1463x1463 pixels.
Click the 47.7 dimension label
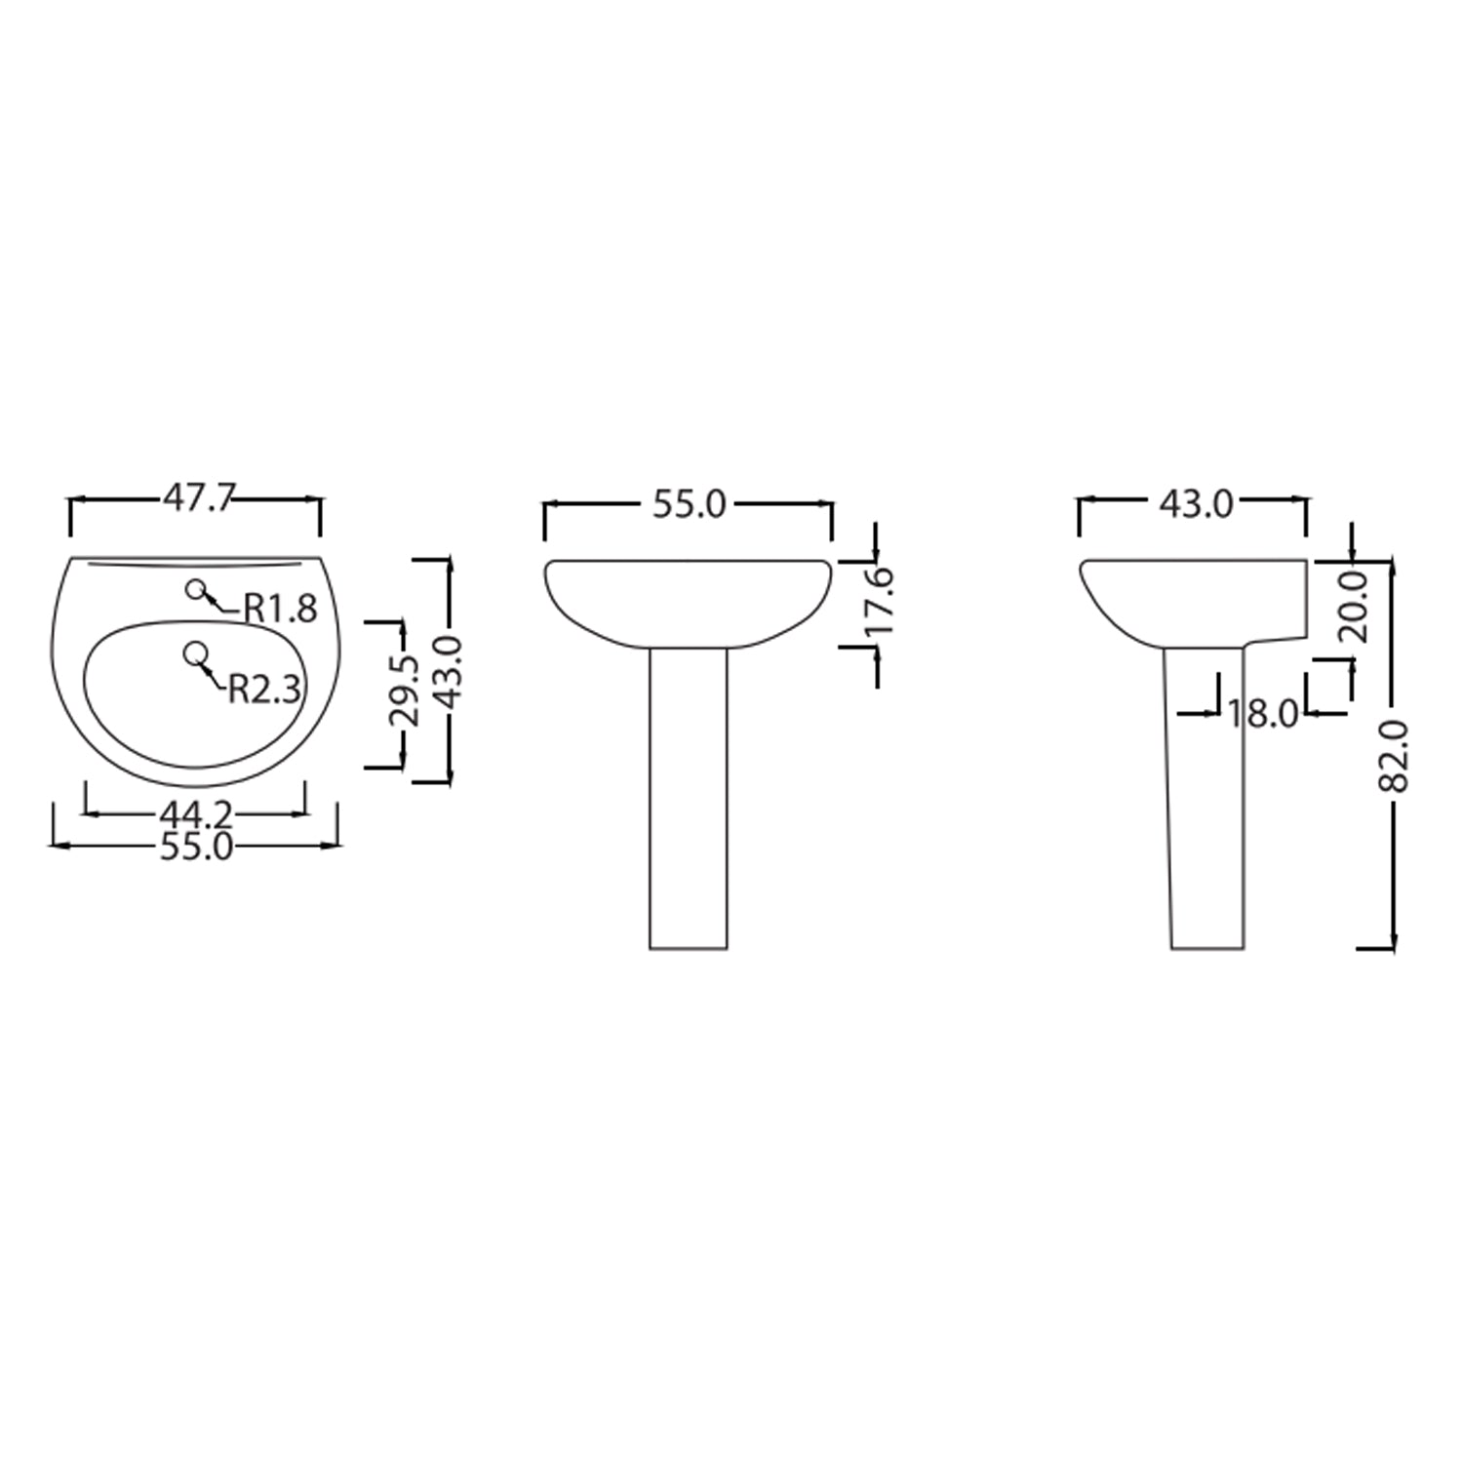198,498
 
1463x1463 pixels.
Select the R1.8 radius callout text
281,609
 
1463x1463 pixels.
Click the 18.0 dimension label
1263,714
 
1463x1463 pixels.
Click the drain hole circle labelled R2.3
195,654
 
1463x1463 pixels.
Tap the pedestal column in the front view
689,800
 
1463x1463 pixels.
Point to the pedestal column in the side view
1207,800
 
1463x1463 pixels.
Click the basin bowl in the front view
689,600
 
